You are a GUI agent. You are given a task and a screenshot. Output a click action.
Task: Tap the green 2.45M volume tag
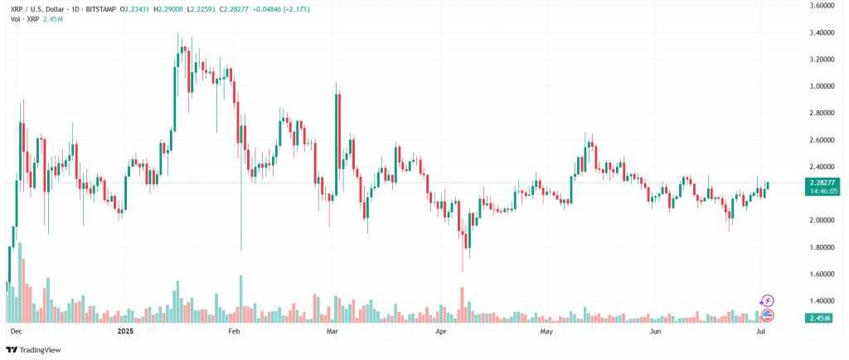click(x=816, y=317)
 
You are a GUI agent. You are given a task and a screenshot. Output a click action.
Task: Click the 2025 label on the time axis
click(x=125, y=331)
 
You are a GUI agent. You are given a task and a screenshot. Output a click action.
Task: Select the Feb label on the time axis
click(x=234, y=331)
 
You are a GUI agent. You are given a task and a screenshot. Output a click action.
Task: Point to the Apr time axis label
click(x=441, y=331)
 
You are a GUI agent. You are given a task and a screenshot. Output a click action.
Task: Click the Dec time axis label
click(x=16, y=331)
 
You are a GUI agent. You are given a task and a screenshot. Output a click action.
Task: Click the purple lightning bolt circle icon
click(x=767, y=300)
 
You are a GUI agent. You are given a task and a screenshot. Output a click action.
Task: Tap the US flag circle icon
click(x=767, y=314)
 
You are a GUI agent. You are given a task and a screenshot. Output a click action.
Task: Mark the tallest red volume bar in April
click(x=462, y=304)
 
